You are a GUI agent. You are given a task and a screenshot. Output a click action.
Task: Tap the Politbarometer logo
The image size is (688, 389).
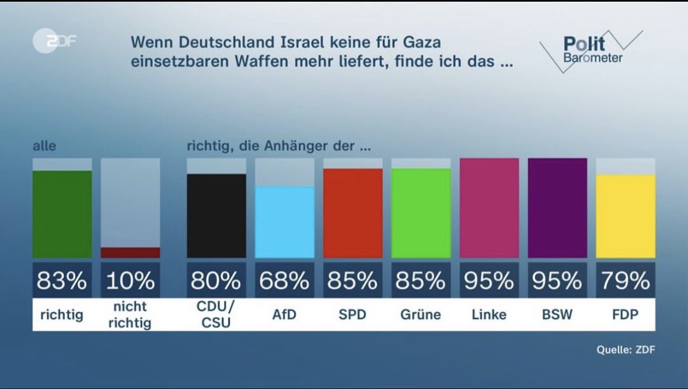click(x=591, y=51)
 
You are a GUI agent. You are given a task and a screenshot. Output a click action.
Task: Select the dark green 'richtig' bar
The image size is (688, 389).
click(x=62, y=214)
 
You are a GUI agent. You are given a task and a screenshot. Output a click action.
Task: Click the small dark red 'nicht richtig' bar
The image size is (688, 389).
click(x=130, y=252)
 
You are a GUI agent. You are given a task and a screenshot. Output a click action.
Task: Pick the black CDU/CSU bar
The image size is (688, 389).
click(x=216, y=216)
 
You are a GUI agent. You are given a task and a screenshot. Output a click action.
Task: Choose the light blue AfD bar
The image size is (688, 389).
click(x=284, y=222)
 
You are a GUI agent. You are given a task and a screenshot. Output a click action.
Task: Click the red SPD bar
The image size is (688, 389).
click(x=352, y=213)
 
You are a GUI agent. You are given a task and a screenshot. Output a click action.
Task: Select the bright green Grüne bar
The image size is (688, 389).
click(x=421, y=213)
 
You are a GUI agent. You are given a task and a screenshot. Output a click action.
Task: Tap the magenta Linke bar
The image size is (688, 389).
click(x=489, y=208)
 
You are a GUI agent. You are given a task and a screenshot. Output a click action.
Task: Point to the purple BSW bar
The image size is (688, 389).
click(x=557, y=208)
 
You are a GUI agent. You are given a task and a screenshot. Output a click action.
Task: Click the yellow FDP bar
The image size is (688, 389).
click(x=626, y=216)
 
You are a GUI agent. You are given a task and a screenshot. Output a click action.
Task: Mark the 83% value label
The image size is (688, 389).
click(x=62, y=281)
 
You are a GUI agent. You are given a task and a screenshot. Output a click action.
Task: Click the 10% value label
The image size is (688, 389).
click(x=130, y=281)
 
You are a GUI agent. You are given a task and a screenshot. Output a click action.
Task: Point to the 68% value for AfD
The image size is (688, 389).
click(x=284, y=281)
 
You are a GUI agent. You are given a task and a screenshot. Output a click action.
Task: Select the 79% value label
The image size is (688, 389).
click(x=626, y=281)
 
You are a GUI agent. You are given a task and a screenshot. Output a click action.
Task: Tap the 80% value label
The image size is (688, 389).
click(x=216, y=281)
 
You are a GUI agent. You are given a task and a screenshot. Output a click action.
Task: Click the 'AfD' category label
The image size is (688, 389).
click(x=284, y=315)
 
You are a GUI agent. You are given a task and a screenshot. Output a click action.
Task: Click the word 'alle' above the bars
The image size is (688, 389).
click(x=44, y=146)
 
